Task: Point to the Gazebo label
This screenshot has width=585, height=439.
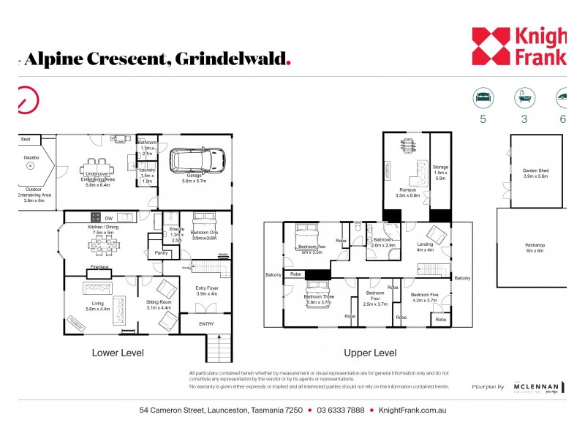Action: tap(30, 157)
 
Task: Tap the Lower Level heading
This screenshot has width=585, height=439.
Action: tap(118, 353)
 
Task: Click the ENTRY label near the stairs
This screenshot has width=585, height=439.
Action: tap(206, 323)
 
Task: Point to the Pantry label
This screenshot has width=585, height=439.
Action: tap(161, 253)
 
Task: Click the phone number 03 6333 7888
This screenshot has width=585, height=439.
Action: tap(340, 410)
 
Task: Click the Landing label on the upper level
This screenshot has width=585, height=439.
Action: tap(425, 247)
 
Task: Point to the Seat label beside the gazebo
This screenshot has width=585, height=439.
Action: tap(25, 138)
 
